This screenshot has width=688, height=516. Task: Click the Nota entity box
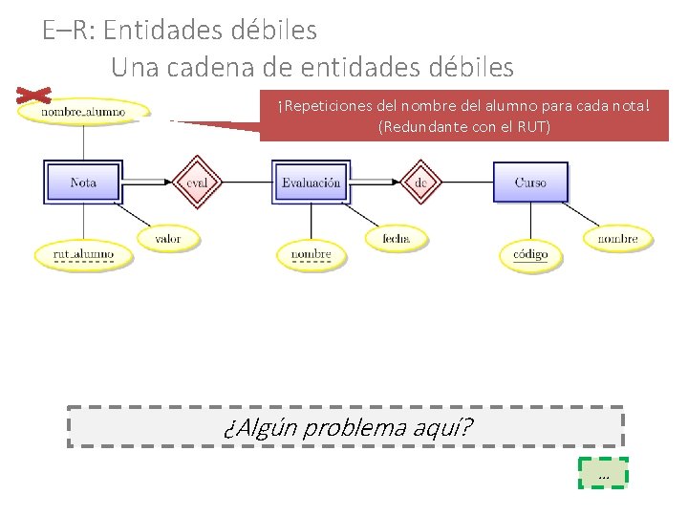[x=82, y=182]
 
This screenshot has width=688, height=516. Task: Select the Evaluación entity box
[x=311, y=182]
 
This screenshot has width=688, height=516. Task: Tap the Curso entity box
[x=530, y=182]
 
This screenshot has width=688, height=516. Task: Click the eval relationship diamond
[x=197, y=182]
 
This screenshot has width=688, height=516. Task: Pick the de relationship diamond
[x=420, y=182]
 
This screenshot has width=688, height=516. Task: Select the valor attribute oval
[x=167, y=238]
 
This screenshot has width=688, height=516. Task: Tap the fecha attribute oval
[x=396, y=238]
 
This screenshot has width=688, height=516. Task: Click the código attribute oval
[x=530, y=254]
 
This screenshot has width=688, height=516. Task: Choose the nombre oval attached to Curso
[x=617, y=238]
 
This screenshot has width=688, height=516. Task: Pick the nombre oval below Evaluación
[x=311, y=254]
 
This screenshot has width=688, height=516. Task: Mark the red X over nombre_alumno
[x=34, y=96]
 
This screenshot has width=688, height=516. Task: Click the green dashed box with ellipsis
[x=603, y=473]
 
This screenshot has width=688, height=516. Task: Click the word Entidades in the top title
[x=161, y=31]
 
